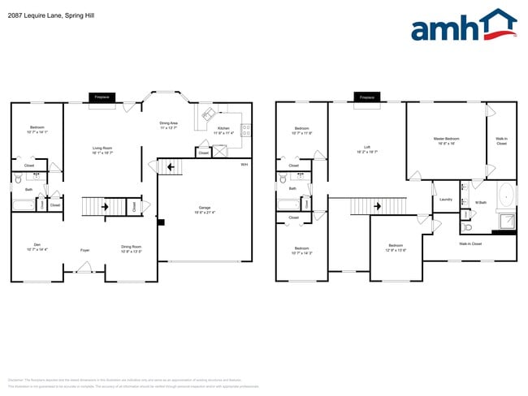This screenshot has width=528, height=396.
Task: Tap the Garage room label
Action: (x=204, y=209)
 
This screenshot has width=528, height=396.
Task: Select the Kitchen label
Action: (x=223, y=131)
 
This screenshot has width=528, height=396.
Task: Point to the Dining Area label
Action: (x=170, y=126)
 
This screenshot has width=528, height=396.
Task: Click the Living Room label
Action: (x=102, y=149)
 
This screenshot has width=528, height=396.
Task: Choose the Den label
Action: (x=37, y=247)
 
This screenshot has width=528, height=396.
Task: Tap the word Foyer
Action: (x=84, y=250)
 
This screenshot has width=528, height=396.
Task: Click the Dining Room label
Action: (x=131, y=248)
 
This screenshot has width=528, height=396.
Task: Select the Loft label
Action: (x=367, y=149)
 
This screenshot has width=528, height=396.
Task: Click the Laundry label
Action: (x=445, y=199)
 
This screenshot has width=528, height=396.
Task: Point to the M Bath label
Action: (x=481, y=202)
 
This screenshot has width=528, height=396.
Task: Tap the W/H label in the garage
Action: (x=244, y=165)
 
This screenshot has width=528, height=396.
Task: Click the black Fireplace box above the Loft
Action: (x=367, y=97)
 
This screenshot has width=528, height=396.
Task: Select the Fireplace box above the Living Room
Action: (x=102, y=97)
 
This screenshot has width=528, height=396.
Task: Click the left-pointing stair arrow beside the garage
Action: (x=171, y=168)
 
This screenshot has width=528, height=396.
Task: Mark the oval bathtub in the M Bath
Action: (x=506, y=196)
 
